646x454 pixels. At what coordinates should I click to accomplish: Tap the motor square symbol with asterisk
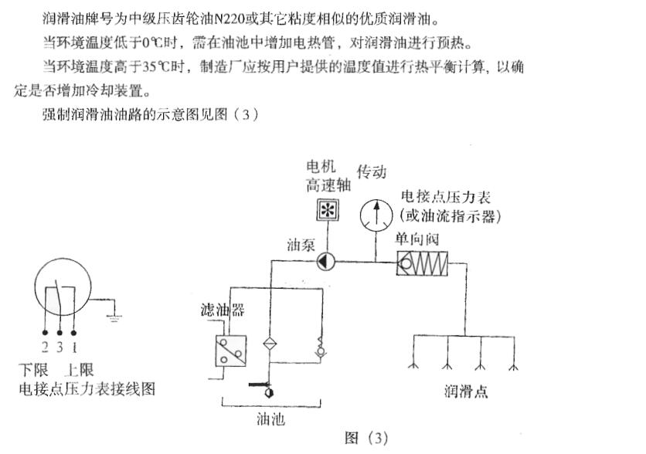tap(329, 211)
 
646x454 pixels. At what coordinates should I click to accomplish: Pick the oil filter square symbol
tap(230, 350)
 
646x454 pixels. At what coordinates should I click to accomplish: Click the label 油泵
tap(300, 244)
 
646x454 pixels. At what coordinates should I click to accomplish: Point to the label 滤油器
tap(217, 310)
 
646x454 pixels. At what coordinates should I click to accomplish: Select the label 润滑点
tap(466, 391)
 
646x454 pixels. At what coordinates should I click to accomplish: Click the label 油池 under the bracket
tap(270, 419)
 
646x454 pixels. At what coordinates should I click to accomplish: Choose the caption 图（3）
tap(365, 438)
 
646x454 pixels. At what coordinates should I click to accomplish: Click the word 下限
tap(33, 369)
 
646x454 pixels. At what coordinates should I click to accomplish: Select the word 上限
tap(81, 369)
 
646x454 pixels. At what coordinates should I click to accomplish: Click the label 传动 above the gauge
tap(371, 171)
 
